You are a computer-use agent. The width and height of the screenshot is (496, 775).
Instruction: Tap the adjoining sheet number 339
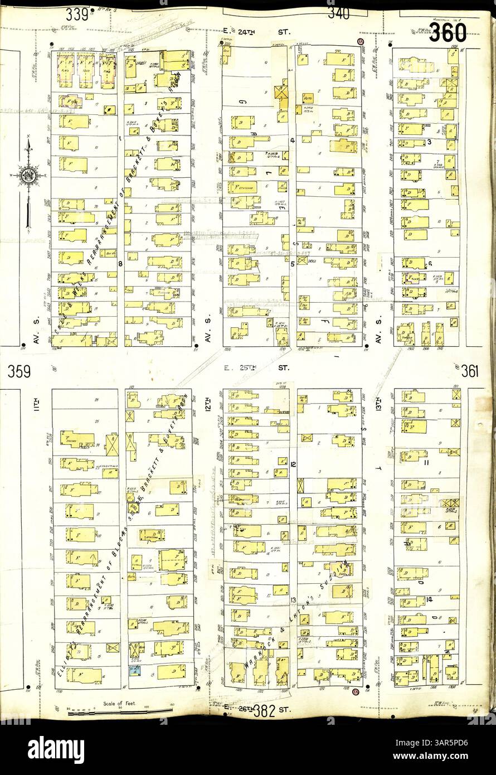77,14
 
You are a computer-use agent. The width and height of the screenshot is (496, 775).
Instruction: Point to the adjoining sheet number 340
339,13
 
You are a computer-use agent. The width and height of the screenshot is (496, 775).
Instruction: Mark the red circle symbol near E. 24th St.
361,42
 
